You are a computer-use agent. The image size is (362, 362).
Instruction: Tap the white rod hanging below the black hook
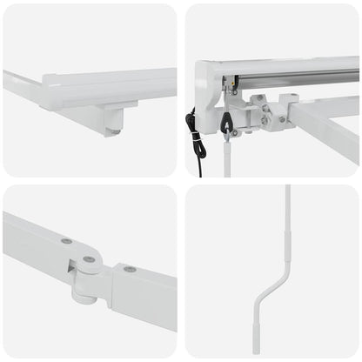click(227, 157)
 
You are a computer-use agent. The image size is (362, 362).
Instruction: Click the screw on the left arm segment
click(66, 240)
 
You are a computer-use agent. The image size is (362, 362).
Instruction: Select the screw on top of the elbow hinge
click(89, 259)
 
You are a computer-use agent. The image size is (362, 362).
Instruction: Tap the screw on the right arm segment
click(130, 269)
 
